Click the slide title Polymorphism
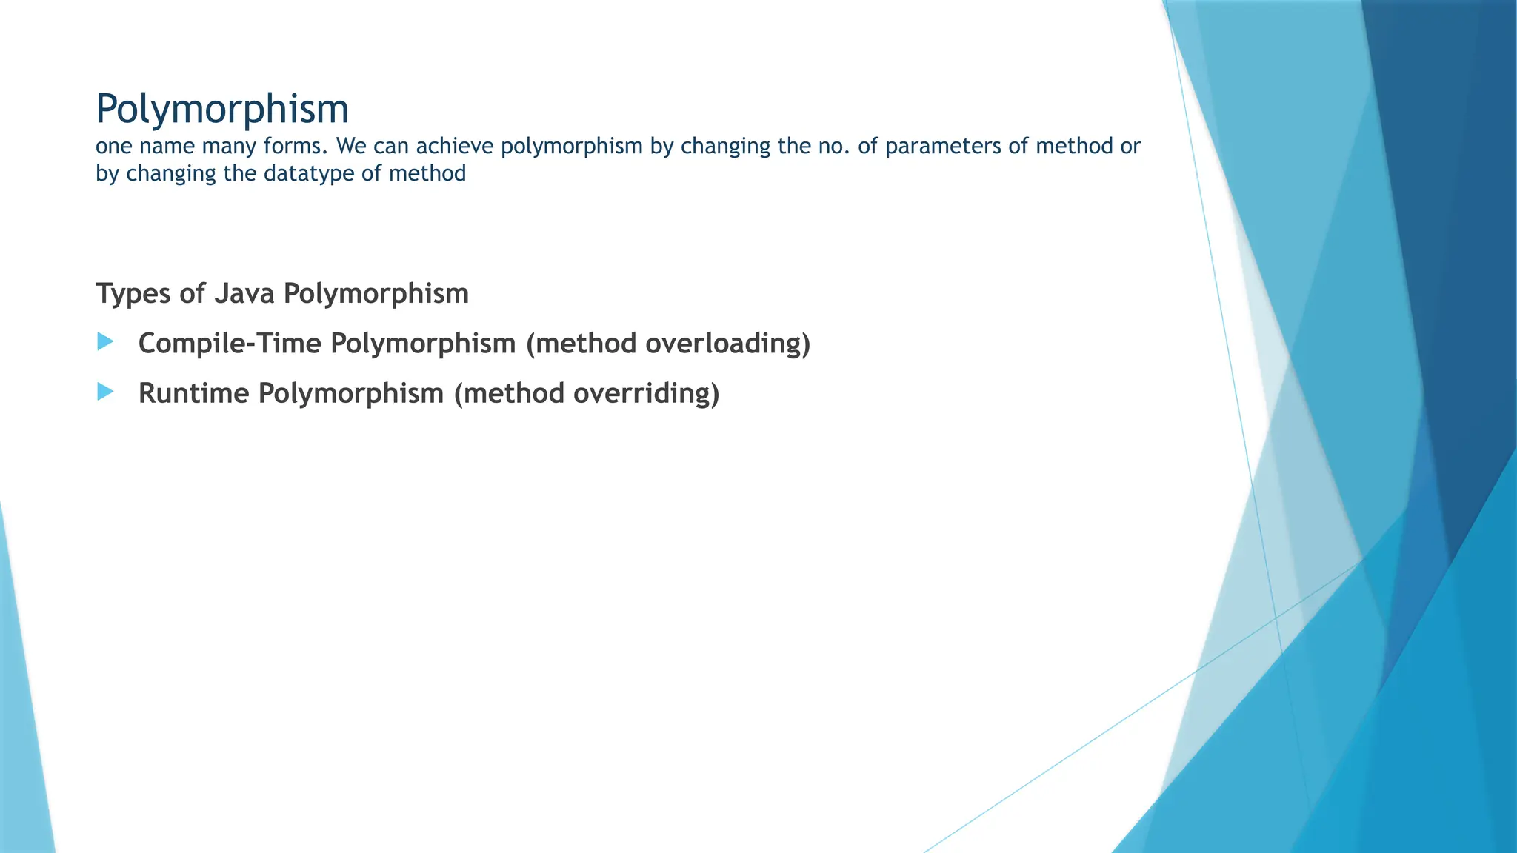(222, 110)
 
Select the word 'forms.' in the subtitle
(296, 147)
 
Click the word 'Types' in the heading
(133, 294)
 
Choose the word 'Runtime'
(194, 393)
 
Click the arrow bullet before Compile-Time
(105, 342)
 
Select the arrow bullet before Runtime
(105, 392)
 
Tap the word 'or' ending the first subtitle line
(1130, 147)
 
